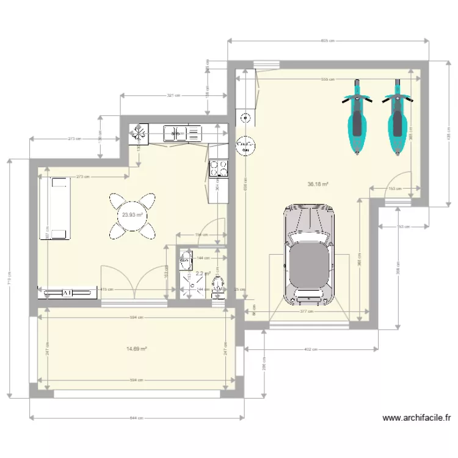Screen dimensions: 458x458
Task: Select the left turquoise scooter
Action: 357,119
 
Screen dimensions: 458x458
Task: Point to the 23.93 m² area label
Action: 133,215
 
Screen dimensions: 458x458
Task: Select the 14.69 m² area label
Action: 137,349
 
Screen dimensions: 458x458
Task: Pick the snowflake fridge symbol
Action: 139,133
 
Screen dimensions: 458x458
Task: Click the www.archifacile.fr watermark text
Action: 416,418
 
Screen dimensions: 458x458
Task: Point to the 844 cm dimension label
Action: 137,418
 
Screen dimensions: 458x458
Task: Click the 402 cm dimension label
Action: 310,349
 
